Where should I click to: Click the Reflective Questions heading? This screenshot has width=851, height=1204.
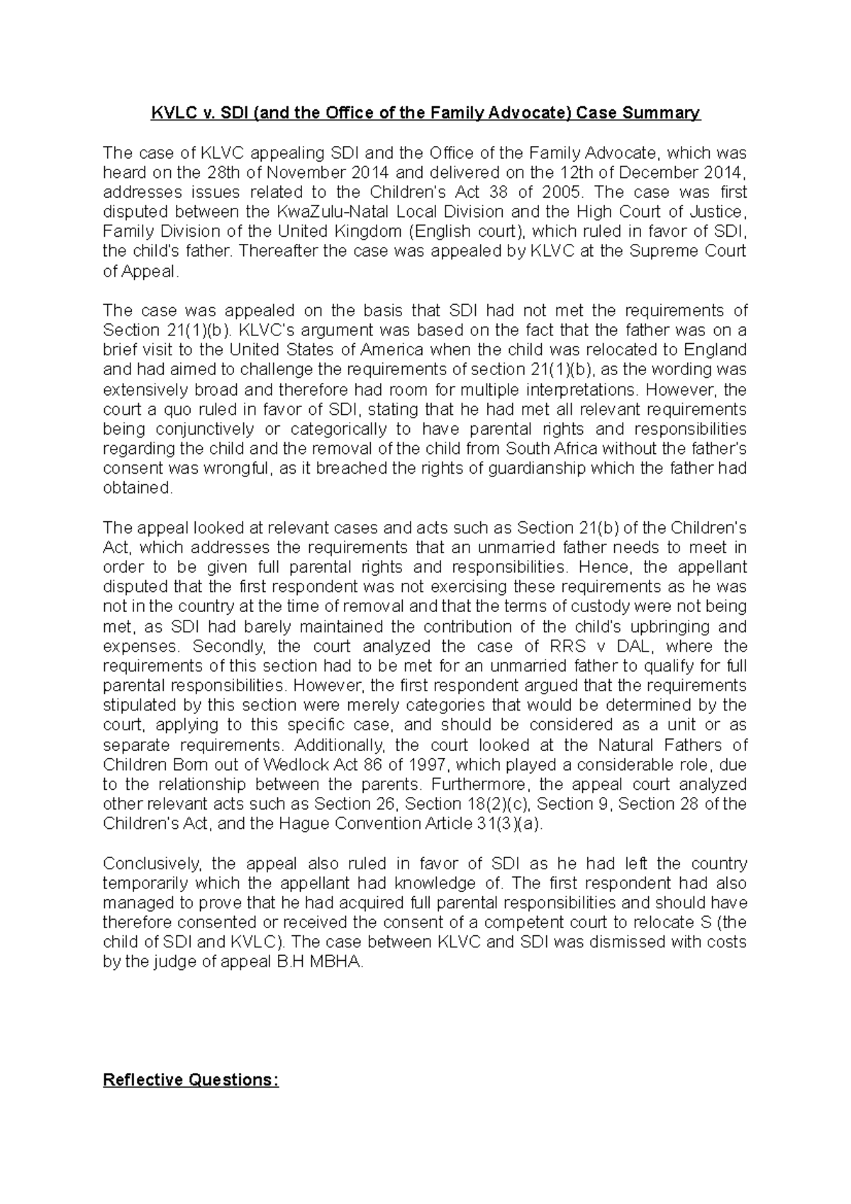191,1080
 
